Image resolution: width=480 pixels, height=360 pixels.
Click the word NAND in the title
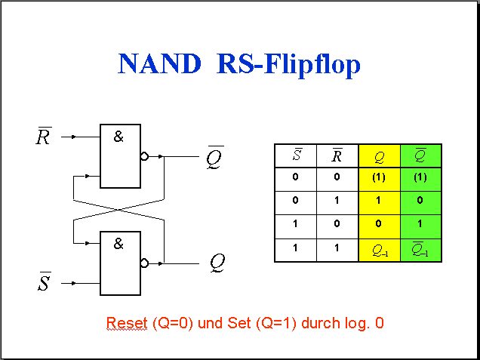[x=159, y=63]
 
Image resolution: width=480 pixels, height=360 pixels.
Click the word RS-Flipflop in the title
[x=288, y=66]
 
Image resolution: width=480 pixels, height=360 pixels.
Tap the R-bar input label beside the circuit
[x=44, y=136]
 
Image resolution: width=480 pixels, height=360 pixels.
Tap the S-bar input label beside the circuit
[x=45, y=282]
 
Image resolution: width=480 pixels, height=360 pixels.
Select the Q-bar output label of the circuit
[x=215, y=158]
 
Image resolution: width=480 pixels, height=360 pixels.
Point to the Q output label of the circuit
[x=217, y=263]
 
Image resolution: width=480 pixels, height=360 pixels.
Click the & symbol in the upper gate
[x=118, y=137]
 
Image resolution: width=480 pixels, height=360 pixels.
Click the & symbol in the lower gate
[x=118, y=244]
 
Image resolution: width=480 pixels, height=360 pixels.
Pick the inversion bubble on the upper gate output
[x=144, y=156]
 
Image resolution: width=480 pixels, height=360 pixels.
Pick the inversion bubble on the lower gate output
[x=144, y=263]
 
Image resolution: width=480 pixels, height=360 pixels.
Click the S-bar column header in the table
[x=296, y=155]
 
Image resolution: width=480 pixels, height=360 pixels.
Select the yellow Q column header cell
[x=379, y=155]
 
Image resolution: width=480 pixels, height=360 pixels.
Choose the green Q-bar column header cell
[x=420, y=155]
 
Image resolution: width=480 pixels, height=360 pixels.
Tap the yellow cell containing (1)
[x=379, y=180]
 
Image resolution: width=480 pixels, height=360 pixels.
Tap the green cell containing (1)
[x=420, y=180]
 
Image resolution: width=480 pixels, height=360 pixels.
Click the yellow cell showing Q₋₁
[x=379, y=251]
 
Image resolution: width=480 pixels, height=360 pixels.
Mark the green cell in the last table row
[x=420, y=251]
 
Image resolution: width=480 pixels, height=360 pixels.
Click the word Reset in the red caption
[x=127, y=323]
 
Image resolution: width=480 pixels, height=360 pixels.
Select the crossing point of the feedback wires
[x=118, y=210]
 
